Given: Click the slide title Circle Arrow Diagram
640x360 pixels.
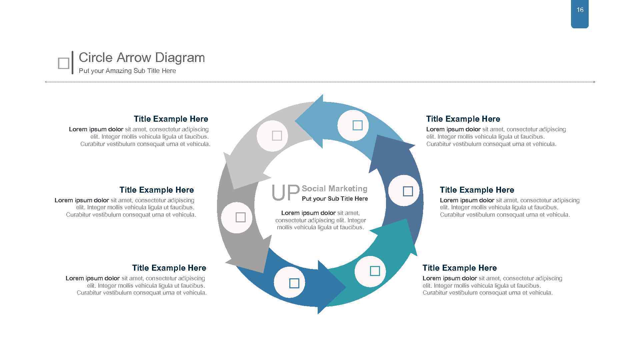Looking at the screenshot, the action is click(142, 58).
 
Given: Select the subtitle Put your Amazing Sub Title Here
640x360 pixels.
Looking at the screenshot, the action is click(127, 71).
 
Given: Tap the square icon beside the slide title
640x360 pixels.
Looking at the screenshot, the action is click(63, 63).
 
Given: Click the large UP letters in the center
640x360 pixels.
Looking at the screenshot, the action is click(285, 193).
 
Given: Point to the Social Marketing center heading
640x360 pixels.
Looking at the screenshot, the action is click(334, 189).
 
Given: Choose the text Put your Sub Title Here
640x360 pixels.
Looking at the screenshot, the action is click(335, 199).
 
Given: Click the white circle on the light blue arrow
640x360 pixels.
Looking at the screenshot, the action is click(353, 126).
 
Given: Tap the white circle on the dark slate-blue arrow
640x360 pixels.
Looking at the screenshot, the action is click(404, 191).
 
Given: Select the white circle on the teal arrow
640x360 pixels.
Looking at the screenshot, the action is click(370, 271).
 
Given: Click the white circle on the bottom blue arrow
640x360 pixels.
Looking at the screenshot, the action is click(289, 282).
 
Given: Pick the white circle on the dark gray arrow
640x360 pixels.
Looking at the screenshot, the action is click(237, 217).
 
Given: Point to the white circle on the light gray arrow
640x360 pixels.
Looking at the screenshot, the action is click(272, 136).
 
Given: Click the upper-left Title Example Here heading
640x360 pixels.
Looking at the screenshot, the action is click(171, 119).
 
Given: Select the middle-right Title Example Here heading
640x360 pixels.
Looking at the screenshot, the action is click(477, 190).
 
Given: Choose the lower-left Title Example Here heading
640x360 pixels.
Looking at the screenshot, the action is click(169, 268).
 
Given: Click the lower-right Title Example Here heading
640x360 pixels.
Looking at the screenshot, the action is click(459, 268).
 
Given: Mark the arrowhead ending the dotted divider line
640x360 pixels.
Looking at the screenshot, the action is click(594, 82).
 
